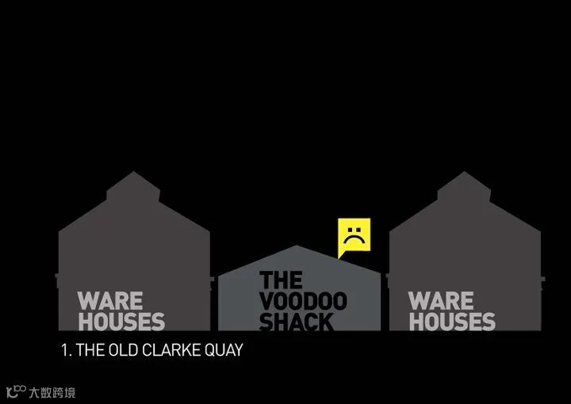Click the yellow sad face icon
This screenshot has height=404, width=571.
click(x=354, y=234)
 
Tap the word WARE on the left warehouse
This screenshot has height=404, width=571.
click(x=110, y=301)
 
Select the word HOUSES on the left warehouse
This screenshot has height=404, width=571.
click(x=121, y=321)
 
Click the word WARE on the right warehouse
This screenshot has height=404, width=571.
click(x=441, y=301)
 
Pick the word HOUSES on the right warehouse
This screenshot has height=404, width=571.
click(x=451, y=321)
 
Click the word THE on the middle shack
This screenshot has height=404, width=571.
click(x=281, y=280)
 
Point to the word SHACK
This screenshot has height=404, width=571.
click(x=296, y=322)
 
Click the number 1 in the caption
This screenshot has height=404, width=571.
click(x=64, y=349)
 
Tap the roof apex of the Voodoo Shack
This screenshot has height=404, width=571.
click(x=299, y=246)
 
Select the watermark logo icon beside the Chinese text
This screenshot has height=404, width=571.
click(x=15, y=391)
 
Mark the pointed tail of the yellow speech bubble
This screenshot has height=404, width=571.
click(x=340, y=255)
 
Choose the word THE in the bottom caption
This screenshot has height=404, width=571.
click(x=90, y=349)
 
